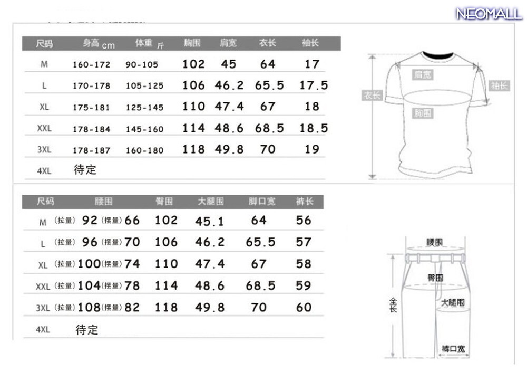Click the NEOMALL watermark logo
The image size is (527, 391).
489,14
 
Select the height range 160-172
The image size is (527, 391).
91,65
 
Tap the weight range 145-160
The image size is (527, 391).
144,129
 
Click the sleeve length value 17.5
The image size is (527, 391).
314,85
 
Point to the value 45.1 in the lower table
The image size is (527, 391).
210,222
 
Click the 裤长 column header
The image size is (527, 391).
305,202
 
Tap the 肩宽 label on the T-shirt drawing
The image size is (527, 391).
423,75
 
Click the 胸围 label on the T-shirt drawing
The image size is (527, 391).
423,113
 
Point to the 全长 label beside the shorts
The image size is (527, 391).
393,304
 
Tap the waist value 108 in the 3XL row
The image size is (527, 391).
89,307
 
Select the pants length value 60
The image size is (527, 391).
304,307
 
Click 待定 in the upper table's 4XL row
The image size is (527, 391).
85,170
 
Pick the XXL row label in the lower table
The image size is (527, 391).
43,287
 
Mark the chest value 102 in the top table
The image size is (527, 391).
193,64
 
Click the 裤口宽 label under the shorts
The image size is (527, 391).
453,349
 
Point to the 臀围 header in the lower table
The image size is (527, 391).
164,202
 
